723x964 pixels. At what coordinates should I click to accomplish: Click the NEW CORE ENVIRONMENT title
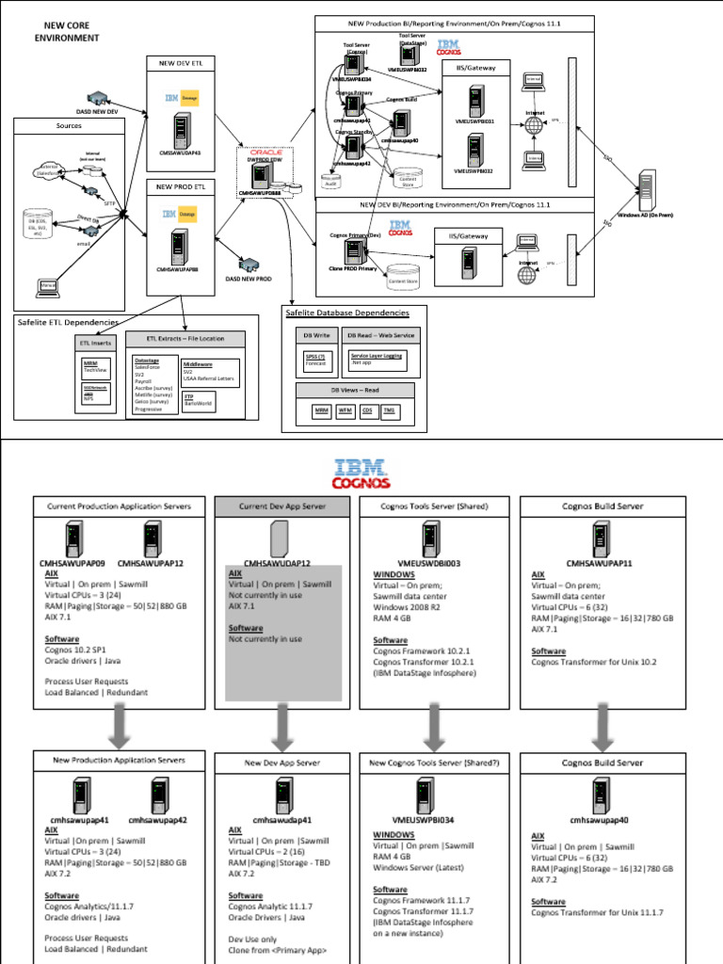[x=67, y=31]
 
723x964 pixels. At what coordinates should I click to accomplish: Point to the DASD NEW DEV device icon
[x=97, y=98]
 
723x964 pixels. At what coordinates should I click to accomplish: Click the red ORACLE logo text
[x=266, y=152]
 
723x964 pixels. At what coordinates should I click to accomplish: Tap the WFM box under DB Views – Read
[x=344, y=410]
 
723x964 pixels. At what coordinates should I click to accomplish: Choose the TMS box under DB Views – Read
[x=389, y=410]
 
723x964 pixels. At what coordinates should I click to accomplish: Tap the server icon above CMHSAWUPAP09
[x=74, y=538]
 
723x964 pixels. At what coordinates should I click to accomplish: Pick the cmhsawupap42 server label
[x=157, y=820]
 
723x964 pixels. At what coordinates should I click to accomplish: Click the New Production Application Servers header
[x=120, y=759]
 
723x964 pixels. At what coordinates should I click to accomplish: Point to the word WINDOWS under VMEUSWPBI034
[x=394, y=834]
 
